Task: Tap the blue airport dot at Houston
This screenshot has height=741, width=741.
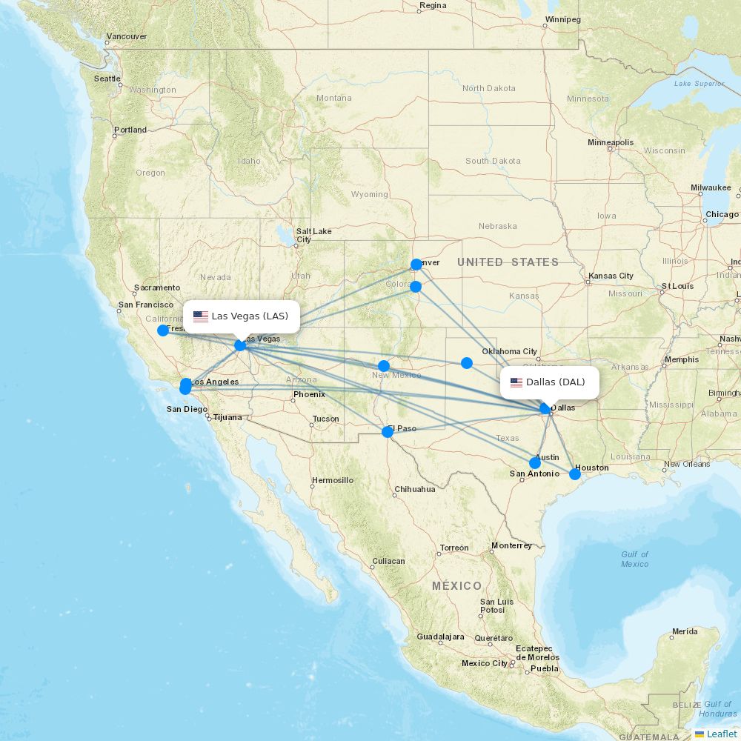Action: [x=575, y=473]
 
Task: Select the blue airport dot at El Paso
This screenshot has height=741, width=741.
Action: [x=387, y=432]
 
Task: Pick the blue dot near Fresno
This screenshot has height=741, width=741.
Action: [x=163, y=330]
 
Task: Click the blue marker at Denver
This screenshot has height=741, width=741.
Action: [x=416, y=265]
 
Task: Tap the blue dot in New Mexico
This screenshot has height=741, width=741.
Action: [x=384, y=366]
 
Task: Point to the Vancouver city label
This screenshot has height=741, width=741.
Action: [x=127, y=36]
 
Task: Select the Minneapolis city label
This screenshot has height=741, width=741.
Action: [x=611, y=142]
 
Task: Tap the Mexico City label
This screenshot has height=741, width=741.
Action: [x=485, y=663]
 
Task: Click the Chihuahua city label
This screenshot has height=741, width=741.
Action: [x=414, y=489]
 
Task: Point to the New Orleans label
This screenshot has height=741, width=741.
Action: [x=687, y=465]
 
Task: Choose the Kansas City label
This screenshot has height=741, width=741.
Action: [x=611, y=276]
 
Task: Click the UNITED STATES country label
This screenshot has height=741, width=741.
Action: [x=508, y=262]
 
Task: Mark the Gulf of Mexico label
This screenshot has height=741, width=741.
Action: [x=634, y=559]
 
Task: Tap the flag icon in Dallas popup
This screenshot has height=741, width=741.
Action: [x=516, y=382]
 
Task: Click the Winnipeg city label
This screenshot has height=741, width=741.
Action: [x=562, y=19]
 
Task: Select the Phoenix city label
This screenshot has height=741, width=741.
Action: [x=309, y=394]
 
